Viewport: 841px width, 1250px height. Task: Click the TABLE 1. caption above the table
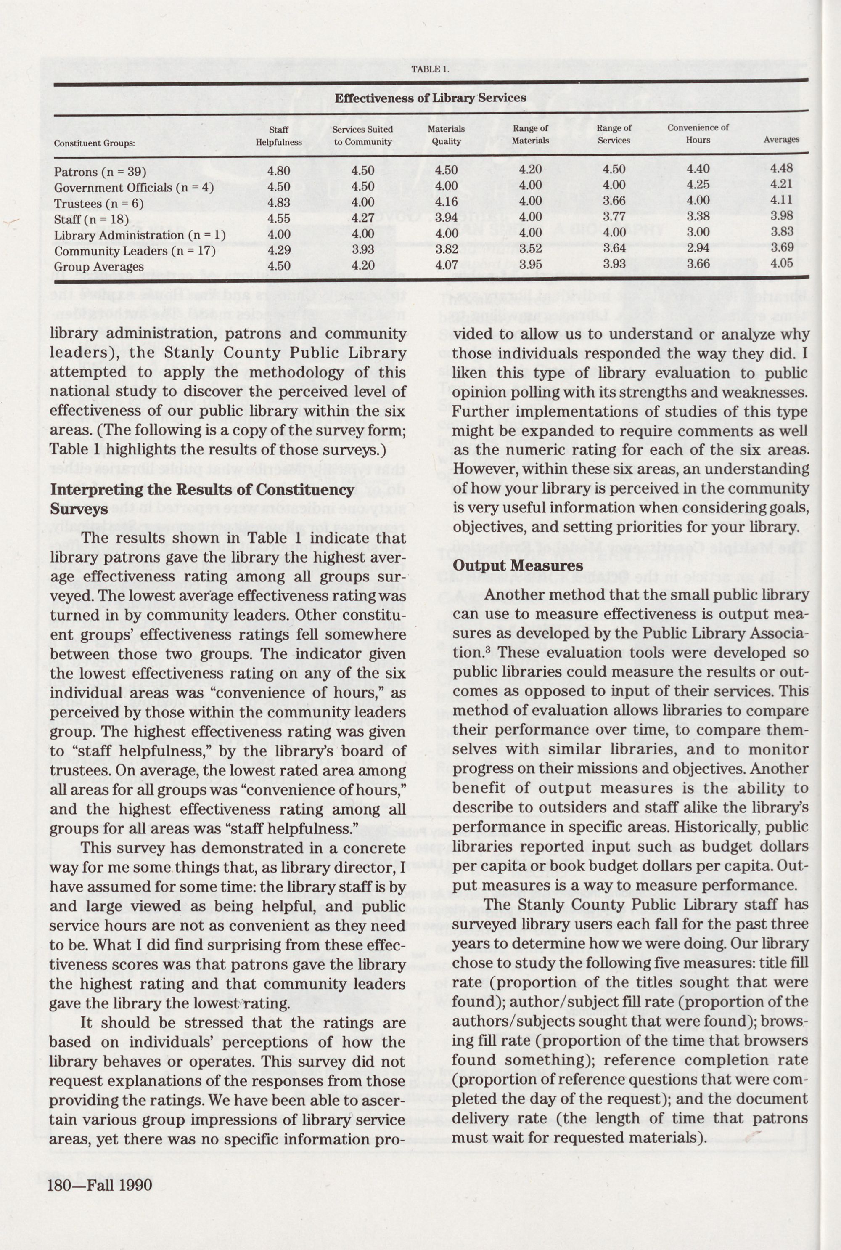tap(430, 69)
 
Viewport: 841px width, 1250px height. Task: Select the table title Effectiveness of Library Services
tap(430, 98)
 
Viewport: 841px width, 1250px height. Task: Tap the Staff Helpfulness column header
tap(278, 136)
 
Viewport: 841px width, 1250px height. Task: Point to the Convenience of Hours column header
tap(698, 134)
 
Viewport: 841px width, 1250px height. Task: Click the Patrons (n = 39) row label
tap(100, 172)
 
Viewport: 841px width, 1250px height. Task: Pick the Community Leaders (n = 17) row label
tap(135, 251)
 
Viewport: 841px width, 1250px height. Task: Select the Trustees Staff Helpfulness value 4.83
tap(279, 203)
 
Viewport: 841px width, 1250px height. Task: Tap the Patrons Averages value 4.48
tap(781, 168)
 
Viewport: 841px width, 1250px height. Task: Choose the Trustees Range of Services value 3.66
tap(614, 201)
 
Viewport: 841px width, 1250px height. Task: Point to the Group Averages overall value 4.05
tap(781, 263)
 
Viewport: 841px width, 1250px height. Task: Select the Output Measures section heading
tap(518, 566)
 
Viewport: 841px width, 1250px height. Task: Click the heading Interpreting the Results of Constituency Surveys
tap(202, 499)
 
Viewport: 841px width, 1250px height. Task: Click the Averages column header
tap(781, 140)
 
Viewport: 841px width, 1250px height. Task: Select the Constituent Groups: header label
tap(94, 143)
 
